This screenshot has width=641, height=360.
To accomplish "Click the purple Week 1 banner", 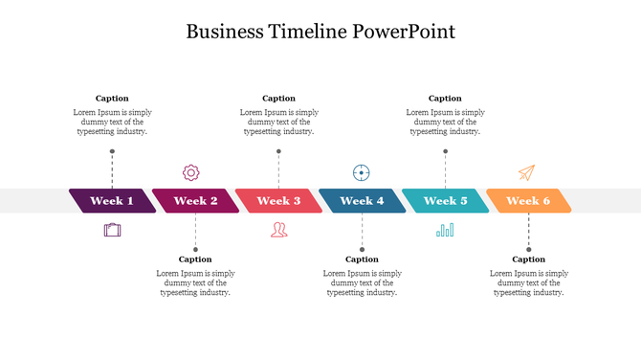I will [x=112, y=201].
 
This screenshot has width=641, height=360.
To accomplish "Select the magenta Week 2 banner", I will [x=195, y=201].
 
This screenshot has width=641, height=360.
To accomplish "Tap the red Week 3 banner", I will [x=278, y=201].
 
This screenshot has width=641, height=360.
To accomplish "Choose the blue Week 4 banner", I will [x=362, y=201].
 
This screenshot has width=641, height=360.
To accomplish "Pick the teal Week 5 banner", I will [x=445, y=201].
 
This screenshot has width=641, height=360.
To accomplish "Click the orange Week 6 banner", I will [x=528, y=201].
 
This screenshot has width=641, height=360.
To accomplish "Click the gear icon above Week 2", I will [x=191, y=172].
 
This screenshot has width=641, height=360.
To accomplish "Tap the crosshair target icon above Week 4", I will [x=362, y=172].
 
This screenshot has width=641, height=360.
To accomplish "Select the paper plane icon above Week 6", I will [x=526, y=172].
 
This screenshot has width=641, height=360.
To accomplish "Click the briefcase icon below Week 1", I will [x=113, y=230].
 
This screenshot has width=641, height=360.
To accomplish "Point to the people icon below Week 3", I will [x=278, y=230].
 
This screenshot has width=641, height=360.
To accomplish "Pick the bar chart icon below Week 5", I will [x=445, y=230].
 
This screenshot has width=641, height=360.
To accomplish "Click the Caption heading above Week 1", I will [x=112, y=98].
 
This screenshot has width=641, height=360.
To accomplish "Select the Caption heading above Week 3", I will [x=278, y=98].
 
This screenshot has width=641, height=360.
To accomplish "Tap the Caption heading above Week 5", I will [x=445, y=98].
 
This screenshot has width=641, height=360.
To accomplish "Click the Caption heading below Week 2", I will [x=195, y=259].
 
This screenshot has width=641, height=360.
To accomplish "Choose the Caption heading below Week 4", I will [x=362, y=259].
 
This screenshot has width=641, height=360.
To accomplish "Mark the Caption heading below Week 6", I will [x=528, y=259].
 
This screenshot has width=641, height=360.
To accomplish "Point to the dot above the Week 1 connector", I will [x=112, y=151].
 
